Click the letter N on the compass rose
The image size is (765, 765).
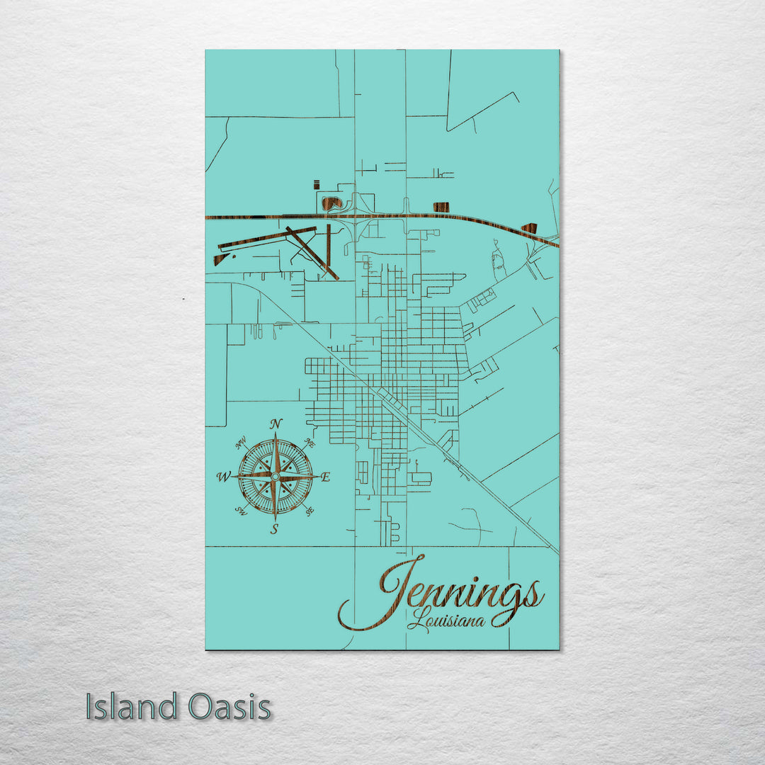[276, 424]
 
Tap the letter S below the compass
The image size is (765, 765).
[274, 528]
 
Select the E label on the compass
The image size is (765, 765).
[325, 477]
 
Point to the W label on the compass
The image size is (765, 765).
[222, 477]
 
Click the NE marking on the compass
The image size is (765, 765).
[309, 442]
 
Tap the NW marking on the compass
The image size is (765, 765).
[241, 444]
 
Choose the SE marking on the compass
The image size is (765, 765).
[310, 511]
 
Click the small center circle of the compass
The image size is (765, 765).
[275, 477]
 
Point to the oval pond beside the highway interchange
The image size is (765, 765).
[331, 203]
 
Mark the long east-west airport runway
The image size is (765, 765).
[266, 238]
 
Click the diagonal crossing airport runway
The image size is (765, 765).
[312, 253]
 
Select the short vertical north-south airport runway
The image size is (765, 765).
[329, 242]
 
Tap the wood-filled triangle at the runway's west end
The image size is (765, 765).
[220, 260]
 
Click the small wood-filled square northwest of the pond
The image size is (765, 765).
[317, 184]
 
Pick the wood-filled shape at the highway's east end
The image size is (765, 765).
[529, 228]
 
